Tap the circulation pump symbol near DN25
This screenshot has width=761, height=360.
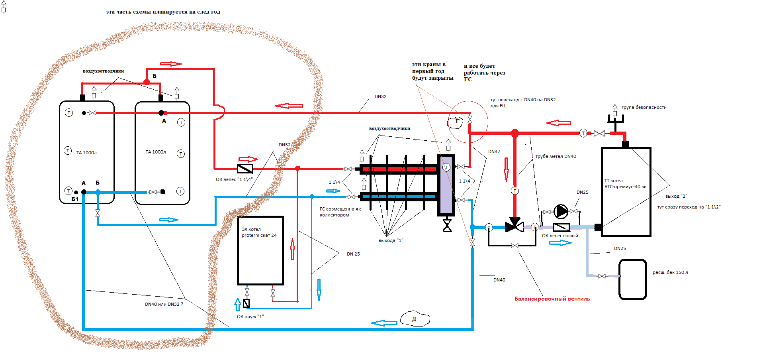tap(561, 211)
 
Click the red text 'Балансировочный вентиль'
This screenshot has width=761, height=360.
tap(552, 299)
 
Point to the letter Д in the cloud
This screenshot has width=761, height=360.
tap(414, 319)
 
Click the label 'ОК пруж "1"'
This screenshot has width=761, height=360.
tap(250, 317)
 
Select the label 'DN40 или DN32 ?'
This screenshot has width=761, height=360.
tap(164, 304)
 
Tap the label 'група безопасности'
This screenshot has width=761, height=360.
tap(644, 107)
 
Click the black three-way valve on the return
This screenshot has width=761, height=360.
tap(515, 226)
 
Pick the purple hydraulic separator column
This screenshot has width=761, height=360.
tap(446, 185)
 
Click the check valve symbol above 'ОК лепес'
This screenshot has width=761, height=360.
tap(245, 169)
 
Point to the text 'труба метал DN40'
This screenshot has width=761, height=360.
tap(556, 156)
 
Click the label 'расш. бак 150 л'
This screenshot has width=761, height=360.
tap(670, 272)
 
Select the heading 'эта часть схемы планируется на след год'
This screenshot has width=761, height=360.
tap(163, 12)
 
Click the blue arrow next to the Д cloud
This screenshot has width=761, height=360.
tap(384, 323)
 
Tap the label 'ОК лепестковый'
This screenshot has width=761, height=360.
tap(560, 236)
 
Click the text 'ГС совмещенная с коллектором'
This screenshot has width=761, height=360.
tap(340, 212)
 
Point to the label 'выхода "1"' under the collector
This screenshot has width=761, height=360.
tap(391, 240)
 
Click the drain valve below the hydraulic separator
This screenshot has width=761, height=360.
tap(447, 226)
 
